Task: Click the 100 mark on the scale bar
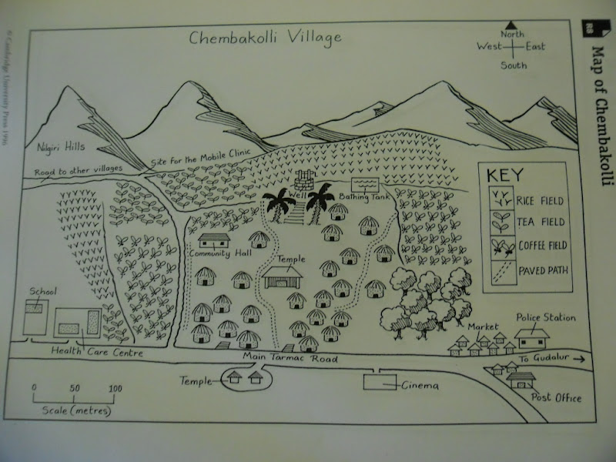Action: pos(114,388)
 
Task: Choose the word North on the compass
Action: pos(513,34)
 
